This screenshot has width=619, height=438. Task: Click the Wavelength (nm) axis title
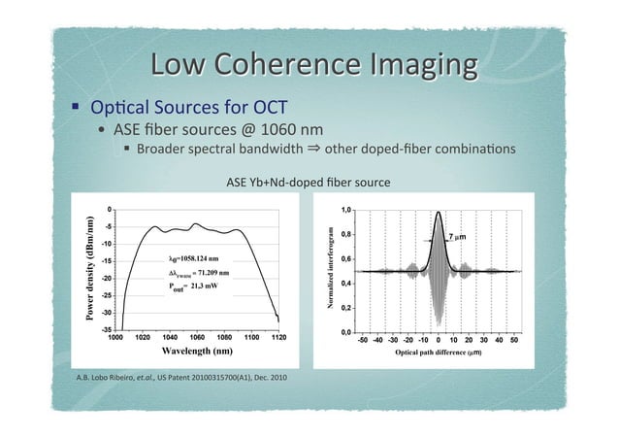tap(195, 350)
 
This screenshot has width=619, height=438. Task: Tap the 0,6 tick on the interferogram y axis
tap(346, 258)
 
